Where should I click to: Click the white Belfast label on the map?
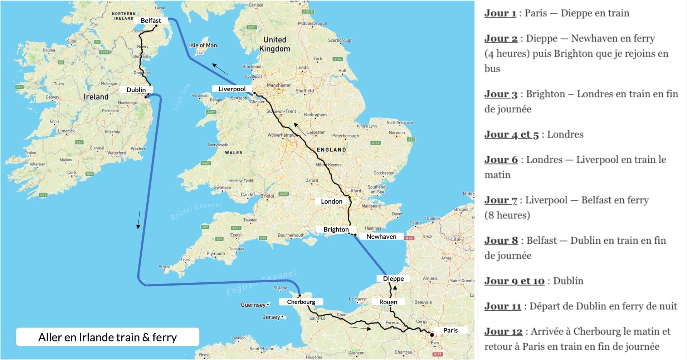151,20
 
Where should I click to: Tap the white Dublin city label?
136,89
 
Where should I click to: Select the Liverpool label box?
232,89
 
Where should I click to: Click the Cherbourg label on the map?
301,302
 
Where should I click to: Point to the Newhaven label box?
381,237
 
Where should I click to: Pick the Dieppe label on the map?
393,278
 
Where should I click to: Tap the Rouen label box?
388,302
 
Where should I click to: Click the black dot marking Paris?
432,335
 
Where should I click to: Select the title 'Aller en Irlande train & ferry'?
107,337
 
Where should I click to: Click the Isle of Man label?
203,45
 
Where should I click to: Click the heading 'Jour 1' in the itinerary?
500,13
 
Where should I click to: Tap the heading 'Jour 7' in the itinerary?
501,200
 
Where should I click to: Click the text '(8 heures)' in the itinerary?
507,215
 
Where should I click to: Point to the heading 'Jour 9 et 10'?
514,281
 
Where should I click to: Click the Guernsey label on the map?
253,305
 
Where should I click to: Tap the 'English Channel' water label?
261,283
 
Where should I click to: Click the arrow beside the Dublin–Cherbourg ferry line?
138,220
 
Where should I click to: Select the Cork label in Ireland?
72,172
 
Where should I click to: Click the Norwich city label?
396,133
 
